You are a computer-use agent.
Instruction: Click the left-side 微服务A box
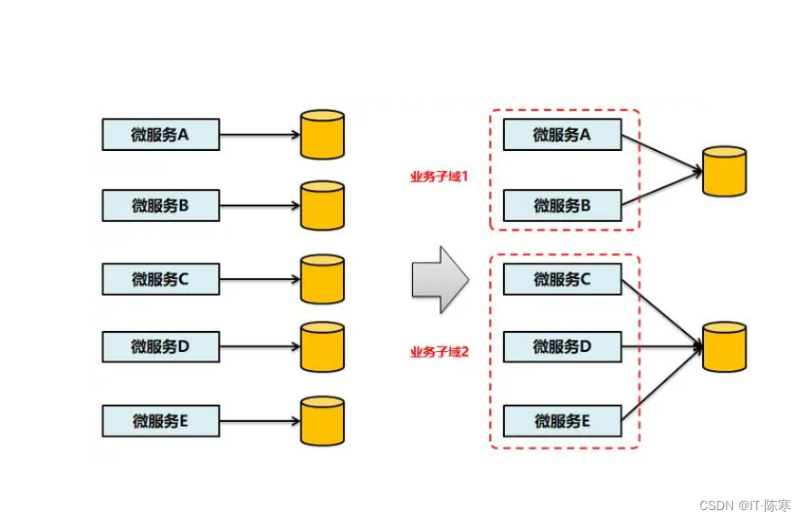click(160, 135)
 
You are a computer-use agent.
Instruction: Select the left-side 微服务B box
click(160, 205)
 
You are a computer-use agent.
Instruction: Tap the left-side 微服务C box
click(160, 279)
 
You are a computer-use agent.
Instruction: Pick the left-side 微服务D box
click(160, 346)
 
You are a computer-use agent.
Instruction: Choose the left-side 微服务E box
click(160, 421)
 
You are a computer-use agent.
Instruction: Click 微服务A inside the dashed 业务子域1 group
click(562, 135)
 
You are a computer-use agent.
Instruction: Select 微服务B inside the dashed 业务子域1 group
click(562, 205)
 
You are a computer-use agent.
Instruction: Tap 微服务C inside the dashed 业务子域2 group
click(562, 279)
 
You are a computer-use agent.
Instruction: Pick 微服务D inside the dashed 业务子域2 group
click(562, 346)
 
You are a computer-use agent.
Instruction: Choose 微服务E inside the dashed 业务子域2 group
click(562, 421)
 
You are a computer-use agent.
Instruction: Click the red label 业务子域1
click(438, 176)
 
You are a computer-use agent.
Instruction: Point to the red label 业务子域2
click(438, 352)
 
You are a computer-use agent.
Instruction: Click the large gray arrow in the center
click(439, 279)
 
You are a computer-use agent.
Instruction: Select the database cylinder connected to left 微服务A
click(322, 135)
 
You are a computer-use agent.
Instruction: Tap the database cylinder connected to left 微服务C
click(322, 279)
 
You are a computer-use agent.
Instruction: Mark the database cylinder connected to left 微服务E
click(322, 421)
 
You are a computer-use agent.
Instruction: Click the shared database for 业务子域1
click(725, 171)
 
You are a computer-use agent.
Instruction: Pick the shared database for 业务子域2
click(725, 346)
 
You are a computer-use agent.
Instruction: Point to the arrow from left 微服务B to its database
click(259, 205)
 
